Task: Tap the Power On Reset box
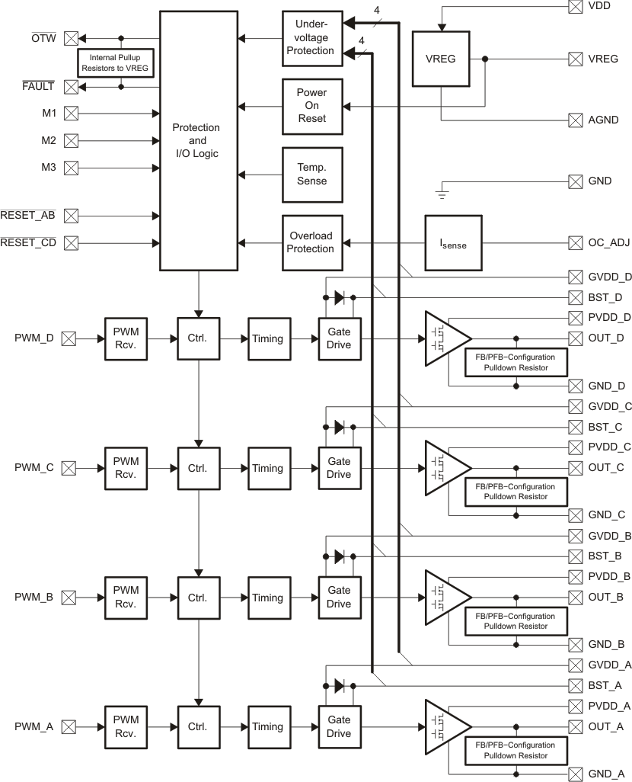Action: [312, 105]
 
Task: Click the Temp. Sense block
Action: [312, 175]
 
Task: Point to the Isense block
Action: [453, 243]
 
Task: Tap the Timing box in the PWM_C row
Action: [267, 468]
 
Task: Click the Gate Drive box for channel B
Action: [339, 598]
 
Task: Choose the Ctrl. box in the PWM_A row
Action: [199, 727]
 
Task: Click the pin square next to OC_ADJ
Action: [576, 243]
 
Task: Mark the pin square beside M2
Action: [71, 140]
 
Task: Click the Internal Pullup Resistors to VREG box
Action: [118, 62]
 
